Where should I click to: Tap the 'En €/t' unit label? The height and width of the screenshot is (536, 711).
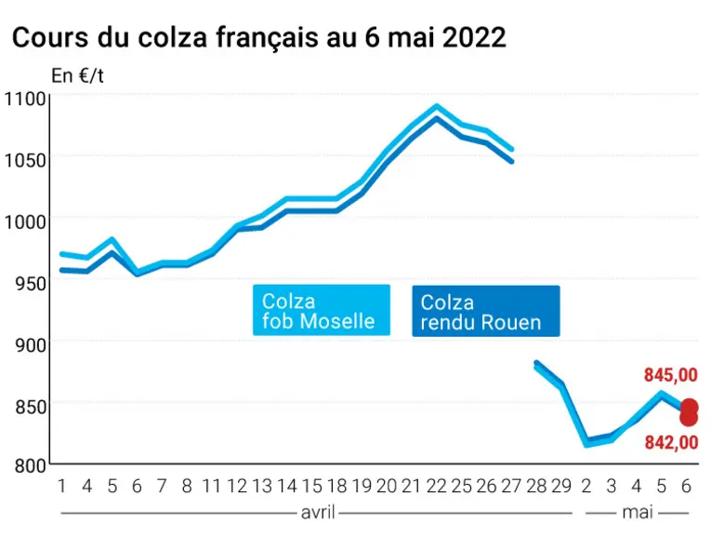tap(77, 75)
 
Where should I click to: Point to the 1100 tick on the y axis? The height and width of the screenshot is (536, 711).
tap(25, 99)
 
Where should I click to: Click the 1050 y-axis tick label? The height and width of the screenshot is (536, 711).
tap(25, 160)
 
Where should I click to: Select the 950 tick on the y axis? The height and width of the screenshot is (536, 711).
tap(30, 284)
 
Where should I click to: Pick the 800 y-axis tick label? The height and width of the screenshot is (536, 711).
tap(30, 465)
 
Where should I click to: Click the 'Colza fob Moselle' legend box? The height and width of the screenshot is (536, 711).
tap(322, 311)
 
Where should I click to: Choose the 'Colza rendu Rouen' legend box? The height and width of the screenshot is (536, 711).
tap(486, 312)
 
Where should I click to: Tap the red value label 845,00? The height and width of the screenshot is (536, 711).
tap(671, 375)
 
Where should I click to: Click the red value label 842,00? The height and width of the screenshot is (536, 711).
tap(671, 443)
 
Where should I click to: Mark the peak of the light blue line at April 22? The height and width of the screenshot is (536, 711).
tap(436, 107)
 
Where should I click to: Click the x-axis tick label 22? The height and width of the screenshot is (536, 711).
tap(436, 486)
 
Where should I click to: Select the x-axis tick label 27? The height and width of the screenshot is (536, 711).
tap(511, 486)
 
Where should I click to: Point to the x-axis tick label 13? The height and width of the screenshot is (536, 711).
tap(262, 486)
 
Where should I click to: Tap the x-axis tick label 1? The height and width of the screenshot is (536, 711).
tap(62, 486)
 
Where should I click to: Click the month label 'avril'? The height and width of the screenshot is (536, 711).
tap(318, 513)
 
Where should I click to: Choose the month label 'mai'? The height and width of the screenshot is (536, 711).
tap(637, 513)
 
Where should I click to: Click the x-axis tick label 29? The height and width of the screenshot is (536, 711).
tap(561, 486)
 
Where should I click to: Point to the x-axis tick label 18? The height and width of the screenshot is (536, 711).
tap(336, 486)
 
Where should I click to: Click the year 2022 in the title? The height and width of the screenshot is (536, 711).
tap(473, 37)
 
